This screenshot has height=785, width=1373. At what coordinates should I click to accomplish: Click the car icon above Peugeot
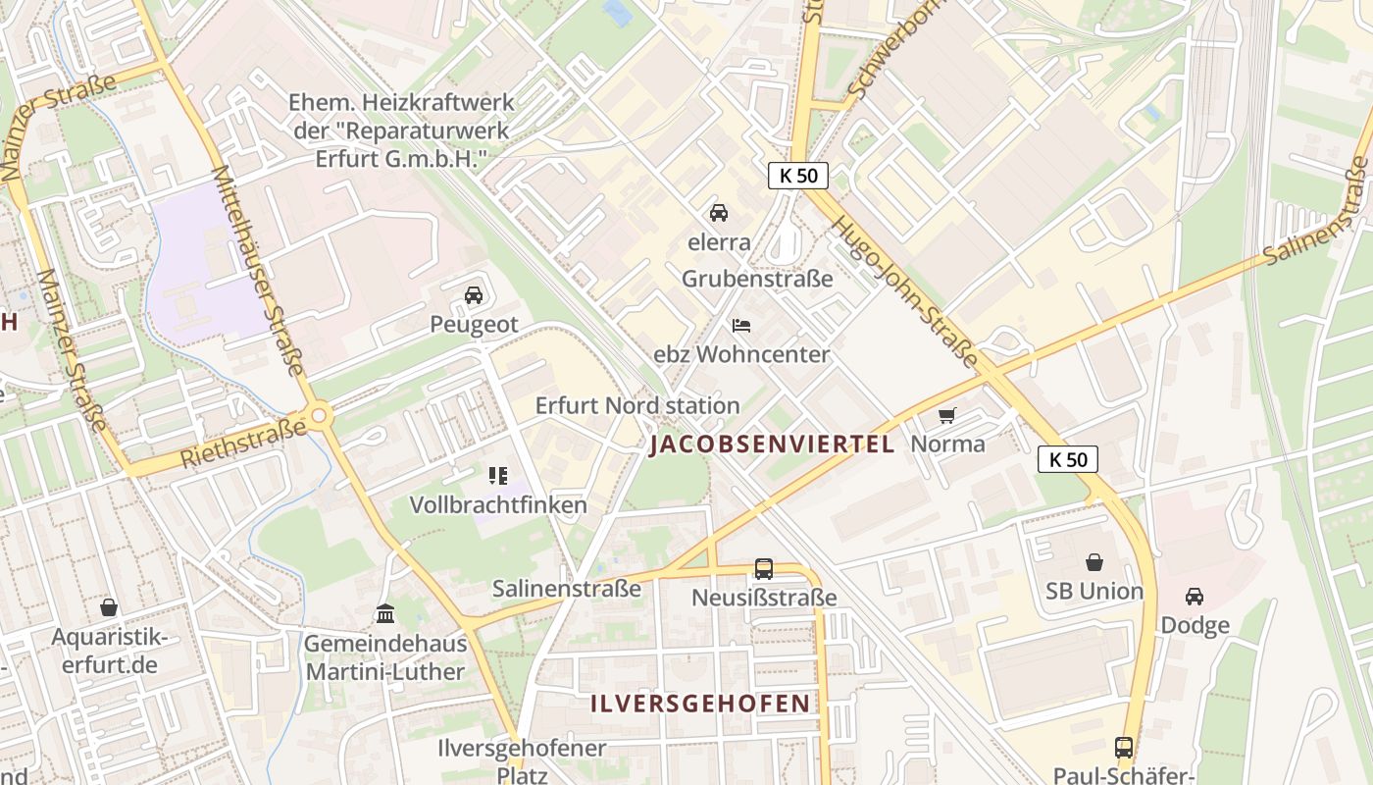(x=474, y=294)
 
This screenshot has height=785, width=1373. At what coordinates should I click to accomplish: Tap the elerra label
(x=719, y=241)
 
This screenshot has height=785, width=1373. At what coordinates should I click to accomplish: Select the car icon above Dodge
(x=1195, y=596)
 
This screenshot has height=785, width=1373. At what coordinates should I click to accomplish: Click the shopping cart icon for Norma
(x=946, y=415)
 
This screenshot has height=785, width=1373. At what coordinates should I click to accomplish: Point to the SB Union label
(x=1094, y=591)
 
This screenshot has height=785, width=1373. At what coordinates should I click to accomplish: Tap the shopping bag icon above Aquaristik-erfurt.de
(x=109, y=607)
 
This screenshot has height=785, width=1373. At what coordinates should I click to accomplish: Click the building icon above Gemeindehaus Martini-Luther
(x=385, y=614)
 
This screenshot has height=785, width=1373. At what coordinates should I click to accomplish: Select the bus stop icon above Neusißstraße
(x=763, y=568)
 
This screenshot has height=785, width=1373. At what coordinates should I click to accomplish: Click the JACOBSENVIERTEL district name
(x=772, y=445)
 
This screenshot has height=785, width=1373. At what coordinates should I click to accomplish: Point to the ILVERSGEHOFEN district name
(x=701, y=704)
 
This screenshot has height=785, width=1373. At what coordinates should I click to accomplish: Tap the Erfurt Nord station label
(x=637, y=405)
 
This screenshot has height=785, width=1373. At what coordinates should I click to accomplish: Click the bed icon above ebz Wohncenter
(x=741, y=325)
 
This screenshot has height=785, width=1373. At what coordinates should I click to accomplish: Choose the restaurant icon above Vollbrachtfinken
(x=498, y=476)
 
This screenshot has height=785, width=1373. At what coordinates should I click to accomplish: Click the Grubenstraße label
(x=757, y=278)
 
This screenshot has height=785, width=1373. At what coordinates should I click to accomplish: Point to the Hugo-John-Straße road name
(x=903, y=292)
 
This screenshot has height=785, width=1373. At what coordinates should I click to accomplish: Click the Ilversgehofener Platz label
(x=522, y=761)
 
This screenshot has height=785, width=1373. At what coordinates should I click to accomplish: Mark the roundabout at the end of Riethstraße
(x=320, y=416)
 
